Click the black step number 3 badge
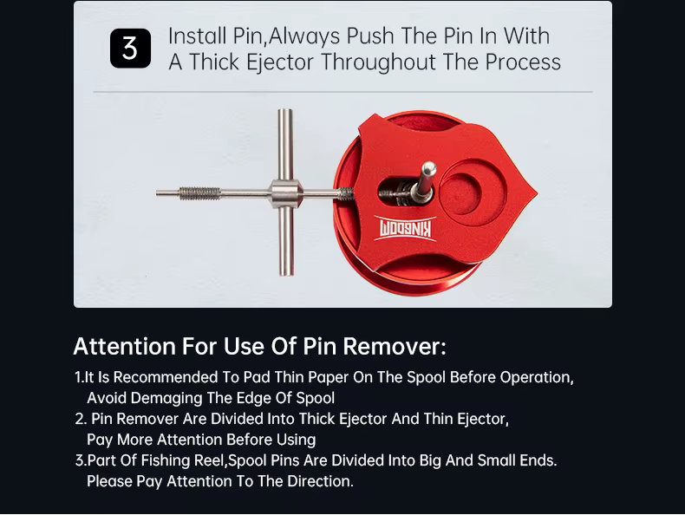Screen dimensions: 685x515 pyautogui.click(x=130, y=49)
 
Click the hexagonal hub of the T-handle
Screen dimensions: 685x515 pyautogui.click(x=286, y=192)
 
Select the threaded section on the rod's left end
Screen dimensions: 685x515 pyautogui.click(x=200, y=192)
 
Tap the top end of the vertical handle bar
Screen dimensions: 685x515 pyautogui.click(x=285, y=110)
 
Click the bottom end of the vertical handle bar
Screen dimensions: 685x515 pyautogui.click(x=285, y=273)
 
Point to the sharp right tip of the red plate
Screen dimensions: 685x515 pyautogui.click(x=537, y=192)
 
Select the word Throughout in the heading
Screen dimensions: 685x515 pyautogui.click(x=378, y=62)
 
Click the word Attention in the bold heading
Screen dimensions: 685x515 pyautogui.click(x=125, y=346)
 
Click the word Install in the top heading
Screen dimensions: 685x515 pyautogui.click(x=197, y=36)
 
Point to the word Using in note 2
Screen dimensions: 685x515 pyautogui.click(x=297, y=440)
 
